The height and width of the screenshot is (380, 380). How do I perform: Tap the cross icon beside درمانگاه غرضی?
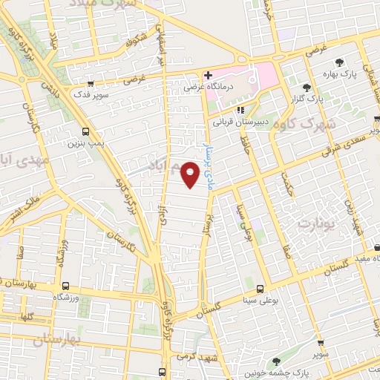209,75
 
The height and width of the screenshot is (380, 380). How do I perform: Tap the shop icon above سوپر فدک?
91,85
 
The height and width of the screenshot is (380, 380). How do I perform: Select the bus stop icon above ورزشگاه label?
66,286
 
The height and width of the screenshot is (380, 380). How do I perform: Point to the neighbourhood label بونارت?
316,222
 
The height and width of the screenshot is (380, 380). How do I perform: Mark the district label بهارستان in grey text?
56,340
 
